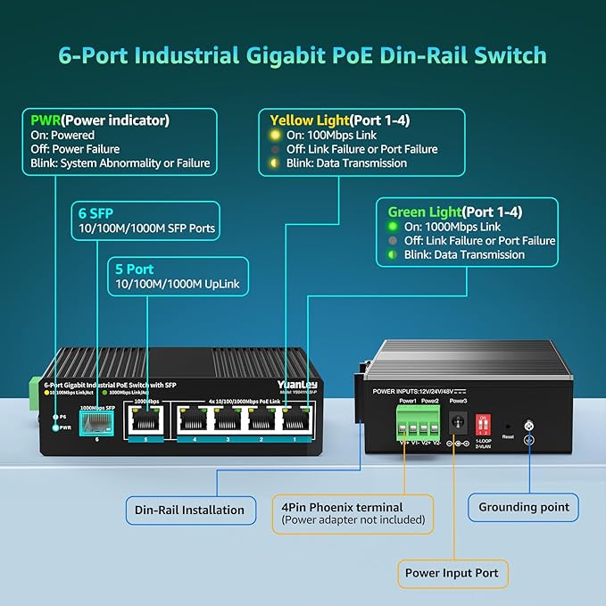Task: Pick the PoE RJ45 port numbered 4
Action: coord(191,419)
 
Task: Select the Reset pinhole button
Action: coord(508,428)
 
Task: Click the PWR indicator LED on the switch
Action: coord(54,428)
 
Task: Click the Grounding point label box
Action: coord(523,507)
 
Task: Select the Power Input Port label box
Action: coord(452,572)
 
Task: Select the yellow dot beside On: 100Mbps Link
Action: coord(276,135)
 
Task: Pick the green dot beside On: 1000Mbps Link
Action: coord(394,227)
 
